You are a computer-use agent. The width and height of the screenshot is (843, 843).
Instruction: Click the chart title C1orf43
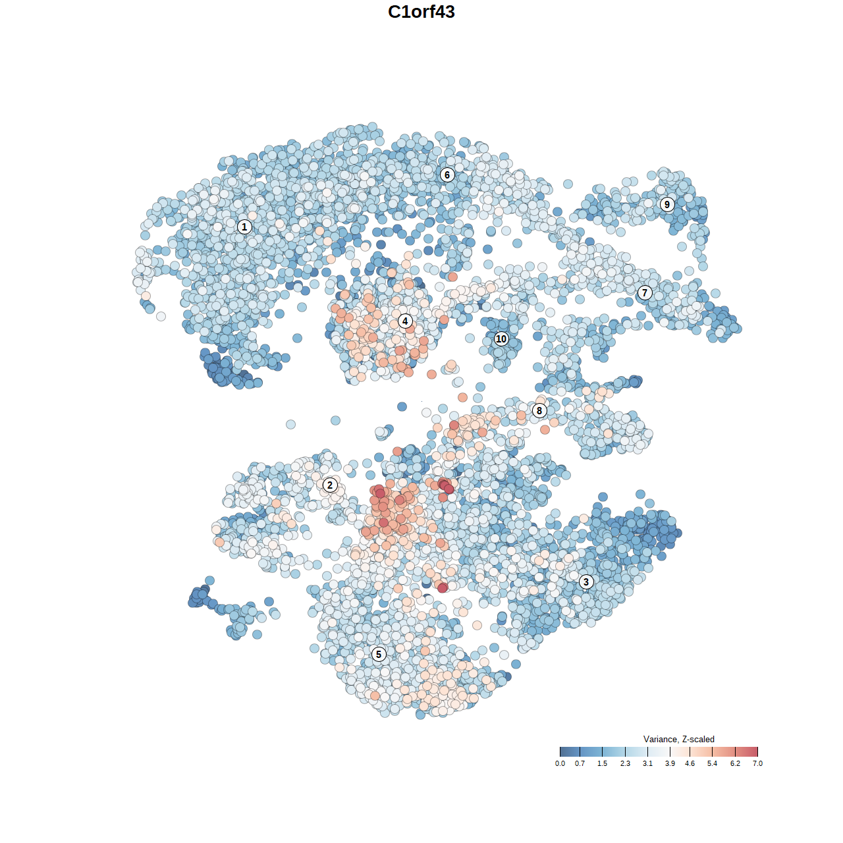click(x=421, y=12)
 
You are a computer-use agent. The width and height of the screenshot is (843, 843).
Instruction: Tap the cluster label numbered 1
click(x=244, y=227)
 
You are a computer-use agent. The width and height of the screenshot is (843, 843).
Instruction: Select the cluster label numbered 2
click(x=330, y=485)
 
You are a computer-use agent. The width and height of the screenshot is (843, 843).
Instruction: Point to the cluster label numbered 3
click(x=586, y=582)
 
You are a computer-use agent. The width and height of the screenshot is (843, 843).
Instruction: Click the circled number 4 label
click(x=405, y=321)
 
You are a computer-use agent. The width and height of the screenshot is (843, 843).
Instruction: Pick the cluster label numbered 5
click(x=379, y=654)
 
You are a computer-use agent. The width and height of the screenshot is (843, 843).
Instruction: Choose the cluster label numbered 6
click(x=447, y=175)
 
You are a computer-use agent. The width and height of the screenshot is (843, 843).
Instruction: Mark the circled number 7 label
click(x=645, y=293)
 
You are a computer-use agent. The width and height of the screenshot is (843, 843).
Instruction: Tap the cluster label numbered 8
click(x=539, y=411)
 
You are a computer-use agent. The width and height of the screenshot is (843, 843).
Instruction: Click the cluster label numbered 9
click(x=667, y=204)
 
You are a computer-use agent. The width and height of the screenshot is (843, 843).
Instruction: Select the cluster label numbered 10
click(x=501, y=339)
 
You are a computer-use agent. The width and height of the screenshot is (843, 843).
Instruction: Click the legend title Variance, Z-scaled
click(x=678, y=739)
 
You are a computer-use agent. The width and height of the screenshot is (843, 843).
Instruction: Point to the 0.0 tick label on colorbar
click(x=560, y=763)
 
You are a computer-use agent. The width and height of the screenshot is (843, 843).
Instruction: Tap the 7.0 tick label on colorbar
click(x=757, y=763)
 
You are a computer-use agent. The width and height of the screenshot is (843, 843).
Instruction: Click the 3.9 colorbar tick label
click(x=670, y=763)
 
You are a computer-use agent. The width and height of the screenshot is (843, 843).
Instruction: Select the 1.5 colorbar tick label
click(x=602, y=763)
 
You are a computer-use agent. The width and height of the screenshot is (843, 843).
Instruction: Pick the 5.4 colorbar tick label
click(x=712, y=763)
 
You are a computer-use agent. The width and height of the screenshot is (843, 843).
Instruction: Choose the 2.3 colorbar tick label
click(x=625, y=763)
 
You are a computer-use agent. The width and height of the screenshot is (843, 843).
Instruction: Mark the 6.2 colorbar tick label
click(x=735, y=763)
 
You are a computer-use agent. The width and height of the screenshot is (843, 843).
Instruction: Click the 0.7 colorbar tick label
click(x=580, y=763)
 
